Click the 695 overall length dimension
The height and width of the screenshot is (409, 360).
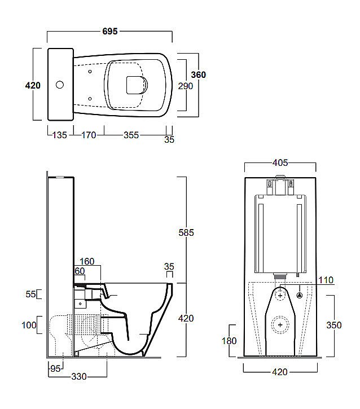pyautogui.click(x=109, y=32)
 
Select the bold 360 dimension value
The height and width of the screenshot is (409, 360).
pyautogui.click(x=198, y=75)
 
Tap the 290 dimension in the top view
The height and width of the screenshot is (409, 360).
pyautogui.click(x=185, y=86)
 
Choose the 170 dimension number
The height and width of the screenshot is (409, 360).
pyautogui.click(x=89, y=135)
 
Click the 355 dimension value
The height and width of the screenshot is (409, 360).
pyautogui.click(x=131, y=135)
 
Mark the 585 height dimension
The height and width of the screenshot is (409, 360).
pyautogui.click(x=186, y=232)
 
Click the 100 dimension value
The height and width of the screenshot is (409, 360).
pyautogui.click(x=28, y=324)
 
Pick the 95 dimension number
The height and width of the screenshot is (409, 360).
pyautogui.click(x=55, y=368)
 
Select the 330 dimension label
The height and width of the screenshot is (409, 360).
pyautogui.click(x=78, y=377)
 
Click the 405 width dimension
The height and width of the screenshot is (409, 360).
pyautogui.click(x=280, y=163)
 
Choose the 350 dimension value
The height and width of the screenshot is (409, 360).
pyautogui.click(x=333, y=325)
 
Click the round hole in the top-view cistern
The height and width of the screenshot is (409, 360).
pyautogui.click(x=59, y=86)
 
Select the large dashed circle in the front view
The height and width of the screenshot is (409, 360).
pyautogui.click(x=280, y=324)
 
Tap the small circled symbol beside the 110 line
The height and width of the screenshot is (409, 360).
pyautogui.click(x=300, y=295)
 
